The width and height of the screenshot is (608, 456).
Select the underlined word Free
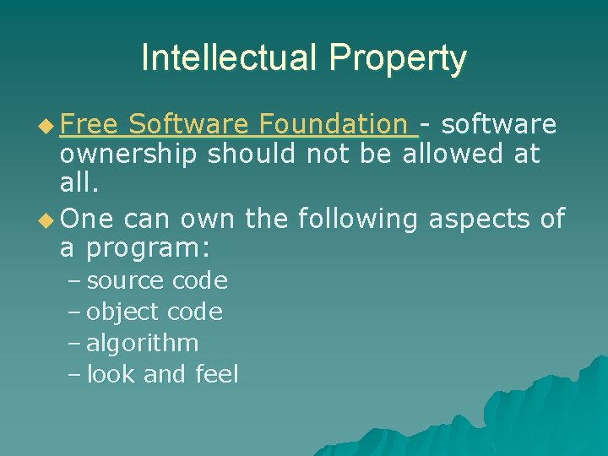(x=90, y=125)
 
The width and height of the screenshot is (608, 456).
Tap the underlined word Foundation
(x=334, y=125)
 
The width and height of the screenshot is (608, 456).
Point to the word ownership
(x=129, y=155)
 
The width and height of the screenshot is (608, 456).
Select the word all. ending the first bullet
(x=79, y=186)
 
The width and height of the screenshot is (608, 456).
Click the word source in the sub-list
(x=126, y=281)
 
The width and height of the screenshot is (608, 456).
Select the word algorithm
(x=143, y=343)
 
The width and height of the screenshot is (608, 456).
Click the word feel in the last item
(x=216, y=374)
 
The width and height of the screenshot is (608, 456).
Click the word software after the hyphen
(x=499, y=125)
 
